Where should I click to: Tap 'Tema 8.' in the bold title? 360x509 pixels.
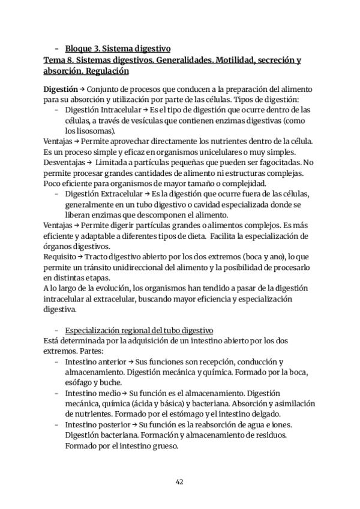[x=59, y=60]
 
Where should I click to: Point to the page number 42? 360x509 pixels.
[x=179, y=481]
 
